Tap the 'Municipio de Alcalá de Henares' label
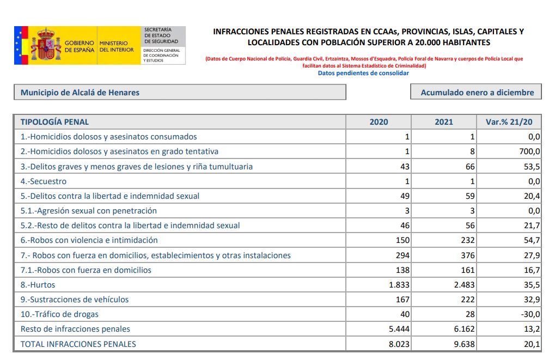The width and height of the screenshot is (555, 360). [80, 93]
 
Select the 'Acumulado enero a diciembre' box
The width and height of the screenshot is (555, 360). [477, 93]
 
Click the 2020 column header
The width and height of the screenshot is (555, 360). [379, 122]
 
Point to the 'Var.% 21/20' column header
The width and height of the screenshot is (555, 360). [509, 122]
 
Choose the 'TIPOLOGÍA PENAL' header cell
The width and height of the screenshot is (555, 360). [54, 122]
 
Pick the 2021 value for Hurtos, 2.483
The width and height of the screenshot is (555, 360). [462, 285]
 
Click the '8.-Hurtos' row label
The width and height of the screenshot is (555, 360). [38, 285]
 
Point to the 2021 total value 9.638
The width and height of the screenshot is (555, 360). [463, 344]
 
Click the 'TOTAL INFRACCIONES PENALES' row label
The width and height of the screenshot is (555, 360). [78, 344]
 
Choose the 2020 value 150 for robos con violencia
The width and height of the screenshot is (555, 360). [402, 240]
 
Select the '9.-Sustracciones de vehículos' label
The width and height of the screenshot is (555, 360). [75, 300]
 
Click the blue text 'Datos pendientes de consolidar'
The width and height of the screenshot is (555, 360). [363, 73]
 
